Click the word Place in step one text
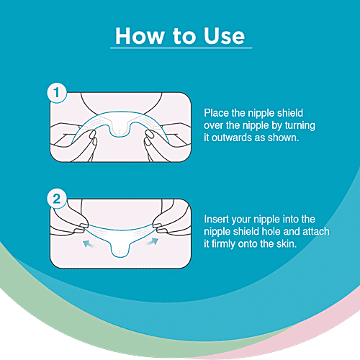(217, 113)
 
